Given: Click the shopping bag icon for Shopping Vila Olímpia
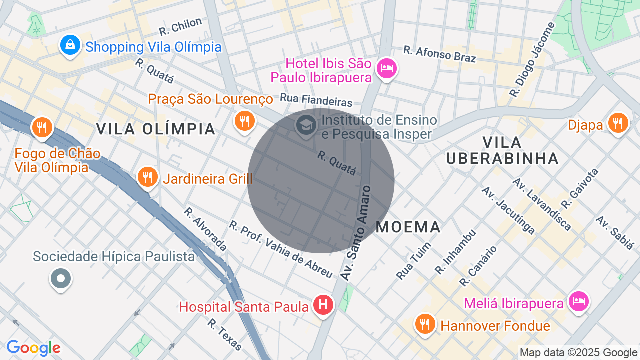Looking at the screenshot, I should pyautogui.click(x=71, y=45).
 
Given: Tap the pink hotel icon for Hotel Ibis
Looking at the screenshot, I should pyautogui.click(x=386, y=67).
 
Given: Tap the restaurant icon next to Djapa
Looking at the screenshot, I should pyautogui.click(x=618, y=123).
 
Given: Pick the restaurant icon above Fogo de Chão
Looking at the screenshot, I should pyautogui.click(x=42, y=127).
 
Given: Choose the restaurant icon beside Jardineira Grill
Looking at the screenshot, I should pyautogui.click(x=147, y=177).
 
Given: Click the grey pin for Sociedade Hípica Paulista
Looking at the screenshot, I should pyautogui.click(x=61, y=278).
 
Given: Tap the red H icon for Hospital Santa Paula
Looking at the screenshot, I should pyautogui.click(x=323, y=304).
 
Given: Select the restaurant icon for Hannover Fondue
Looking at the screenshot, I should pyautogui.click(x=424, y=324).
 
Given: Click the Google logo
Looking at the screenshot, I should pyautogui.click(x=33, y=348).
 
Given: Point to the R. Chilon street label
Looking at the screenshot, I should pyautogui.click(x=180, y=26).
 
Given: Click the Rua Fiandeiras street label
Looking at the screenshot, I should pyautogui.click(x=316, y=100).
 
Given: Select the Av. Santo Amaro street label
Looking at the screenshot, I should pyautogui.click(x=355, y=233).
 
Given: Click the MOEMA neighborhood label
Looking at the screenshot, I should pyautogui.click(x=408, y=227).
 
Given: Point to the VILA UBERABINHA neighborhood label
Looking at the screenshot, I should pyautogui.click(x=502, y=150).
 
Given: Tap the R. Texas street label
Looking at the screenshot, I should pyautogui.click(x=224, y=334).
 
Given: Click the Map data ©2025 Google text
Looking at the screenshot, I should pyautogui.click(x=579, y=353).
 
